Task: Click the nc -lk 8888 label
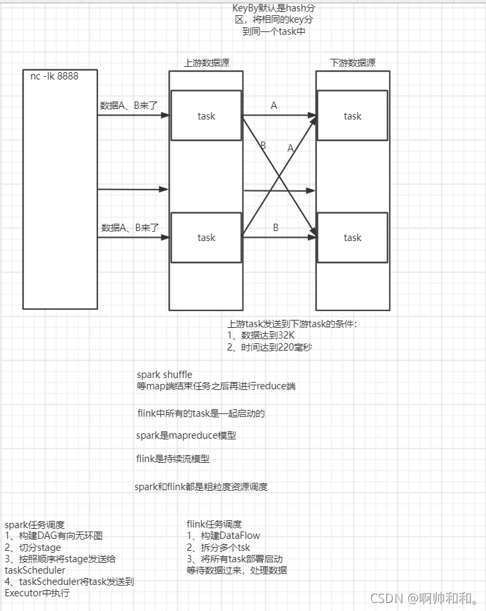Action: (x=54, y=76)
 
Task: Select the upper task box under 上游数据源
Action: (x=206, y=116)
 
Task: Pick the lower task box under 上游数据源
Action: (x=206, y=237)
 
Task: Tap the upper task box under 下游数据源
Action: (x=352, y=116)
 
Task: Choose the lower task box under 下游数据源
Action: (x=352, y=237)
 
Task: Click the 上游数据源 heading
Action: (x=207, y=63)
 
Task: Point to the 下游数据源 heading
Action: (x=352, y=63)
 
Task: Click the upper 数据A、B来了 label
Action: (x=129, y=106)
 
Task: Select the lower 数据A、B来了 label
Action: (x=129, y=228)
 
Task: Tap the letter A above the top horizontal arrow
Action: (x=274, y=106)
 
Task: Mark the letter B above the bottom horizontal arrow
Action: (x=276, y=228)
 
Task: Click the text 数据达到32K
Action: (x=266, y=334)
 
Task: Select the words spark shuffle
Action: (x=164, y=375)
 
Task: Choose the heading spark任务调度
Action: (x=34, y=524)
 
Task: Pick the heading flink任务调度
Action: (x=214, y=524)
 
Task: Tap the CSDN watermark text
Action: (x=424, y=597)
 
